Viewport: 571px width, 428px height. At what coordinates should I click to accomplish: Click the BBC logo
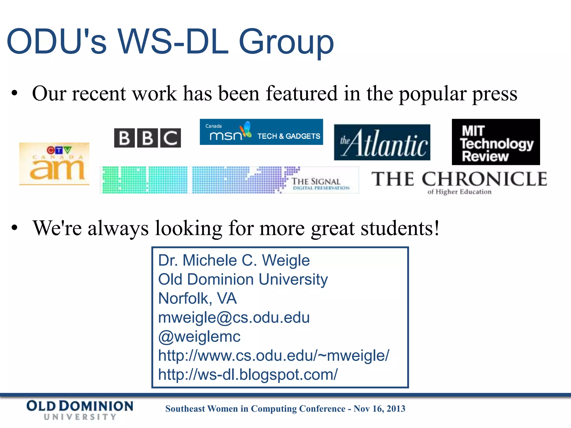[147, 138]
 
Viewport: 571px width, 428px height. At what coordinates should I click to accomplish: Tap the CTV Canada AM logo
[54, 164]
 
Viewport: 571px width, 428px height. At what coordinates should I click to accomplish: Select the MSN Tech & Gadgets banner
[261, 132]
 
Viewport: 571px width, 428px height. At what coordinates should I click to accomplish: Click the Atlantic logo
[382, 142]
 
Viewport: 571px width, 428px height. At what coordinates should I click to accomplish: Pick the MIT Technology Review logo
[496, 142]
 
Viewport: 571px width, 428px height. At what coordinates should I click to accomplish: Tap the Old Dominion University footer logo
[80, 410]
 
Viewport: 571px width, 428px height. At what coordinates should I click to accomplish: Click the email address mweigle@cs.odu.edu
[234, 317]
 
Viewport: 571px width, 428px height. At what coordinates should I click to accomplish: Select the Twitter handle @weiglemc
[199, 336]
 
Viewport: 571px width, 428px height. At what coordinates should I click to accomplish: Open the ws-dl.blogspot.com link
[248, 374]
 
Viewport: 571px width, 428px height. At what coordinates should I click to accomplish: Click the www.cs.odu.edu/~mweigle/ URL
[274, 356]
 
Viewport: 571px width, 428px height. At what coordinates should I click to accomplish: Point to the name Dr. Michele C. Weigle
[234, 260]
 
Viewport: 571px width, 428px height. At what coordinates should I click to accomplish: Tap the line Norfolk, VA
[197, 298]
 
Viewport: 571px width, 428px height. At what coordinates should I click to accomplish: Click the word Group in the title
[286, 42]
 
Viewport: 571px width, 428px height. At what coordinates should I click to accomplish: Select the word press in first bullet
[494, 94]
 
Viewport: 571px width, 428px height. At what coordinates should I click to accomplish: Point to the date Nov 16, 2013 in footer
[379, 408]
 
